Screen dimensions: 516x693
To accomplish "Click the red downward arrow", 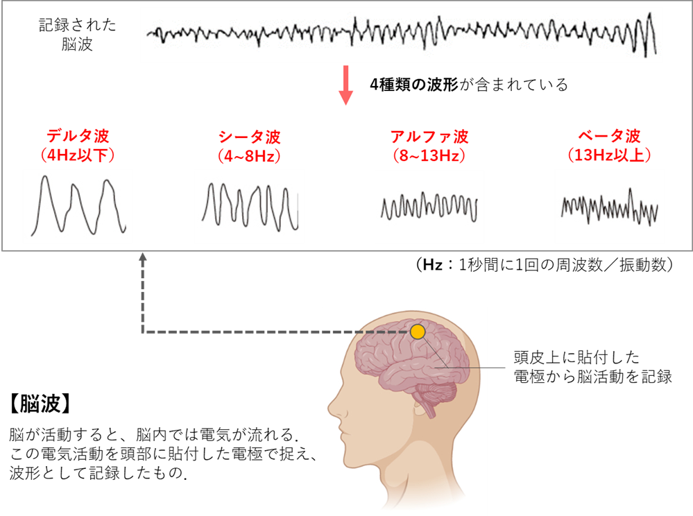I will (x=346, y=87).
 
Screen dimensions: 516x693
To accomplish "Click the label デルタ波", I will (x=78, y=136).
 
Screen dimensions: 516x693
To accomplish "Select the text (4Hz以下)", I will (x=78, y=155).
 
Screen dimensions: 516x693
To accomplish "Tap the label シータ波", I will (x=250, y=136).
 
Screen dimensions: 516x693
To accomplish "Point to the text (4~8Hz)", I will (x=250, y=155).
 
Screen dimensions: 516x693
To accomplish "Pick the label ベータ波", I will (x=610, y=136).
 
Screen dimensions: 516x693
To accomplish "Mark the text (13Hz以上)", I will (x=610, y=155).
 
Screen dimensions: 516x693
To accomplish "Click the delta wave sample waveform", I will (x=78, y=206).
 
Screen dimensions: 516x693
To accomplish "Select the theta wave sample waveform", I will (x=250, y=206).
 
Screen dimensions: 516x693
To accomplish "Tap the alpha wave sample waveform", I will (x=429, y=207).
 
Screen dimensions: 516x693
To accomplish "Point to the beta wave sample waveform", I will (x=610, y=206).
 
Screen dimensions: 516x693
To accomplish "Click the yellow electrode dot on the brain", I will (x=418, y=332).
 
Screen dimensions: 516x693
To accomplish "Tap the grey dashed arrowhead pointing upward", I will (x=143, y=257).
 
